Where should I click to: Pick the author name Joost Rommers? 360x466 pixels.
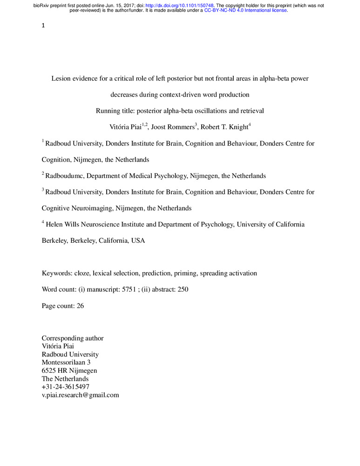tap(170, 127)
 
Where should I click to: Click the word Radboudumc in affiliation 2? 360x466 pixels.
tap(65, 176)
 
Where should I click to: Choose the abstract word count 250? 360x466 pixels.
tap(183, 289)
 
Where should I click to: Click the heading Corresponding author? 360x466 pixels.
tap(73, 338)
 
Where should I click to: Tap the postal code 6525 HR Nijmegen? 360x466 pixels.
tap(69, 371)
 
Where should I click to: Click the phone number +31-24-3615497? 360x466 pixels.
tap(66, 387)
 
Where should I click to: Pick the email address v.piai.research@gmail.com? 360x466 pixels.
tap(81, 395)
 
